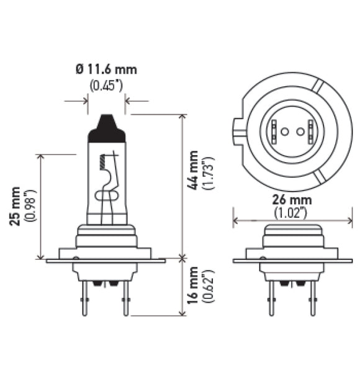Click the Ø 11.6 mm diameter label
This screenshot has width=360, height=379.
pos(106,69)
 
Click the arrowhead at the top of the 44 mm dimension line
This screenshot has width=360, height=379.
pos(182,117)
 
